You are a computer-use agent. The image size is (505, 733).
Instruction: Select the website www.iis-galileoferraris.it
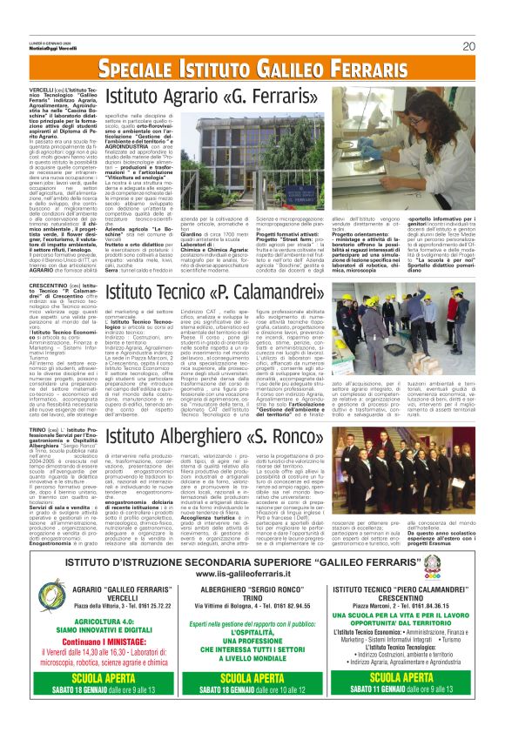252,574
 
